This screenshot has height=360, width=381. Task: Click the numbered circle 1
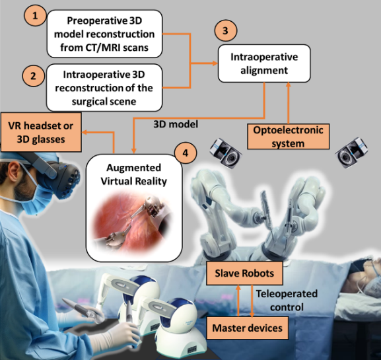click(x=35, y=16)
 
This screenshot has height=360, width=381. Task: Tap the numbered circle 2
click(x=33, y=75)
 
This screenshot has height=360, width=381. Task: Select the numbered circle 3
click(x=225, y=30)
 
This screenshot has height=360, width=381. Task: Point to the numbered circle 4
click(x=186, y=153)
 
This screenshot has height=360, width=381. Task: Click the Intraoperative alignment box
click(x=264, y=63)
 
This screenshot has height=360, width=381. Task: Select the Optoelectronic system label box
click(x=288, y=137)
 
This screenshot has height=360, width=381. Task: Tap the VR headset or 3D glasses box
click(x=40, y=132)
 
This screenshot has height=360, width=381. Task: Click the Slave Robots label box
click(x=244, y=273)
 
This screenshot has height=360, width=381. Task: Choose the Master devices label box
click(x=248, y=328)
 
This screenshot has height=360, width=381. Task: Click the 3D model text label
click(x=176, y=124)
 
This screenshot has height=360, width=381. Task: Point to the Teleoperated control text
click(x=287, y=301)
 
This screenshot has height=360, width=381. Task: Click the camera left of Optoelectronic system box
click(x=226, y=153)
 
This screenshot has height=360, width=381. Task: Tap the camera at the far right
click(x=351, y=153)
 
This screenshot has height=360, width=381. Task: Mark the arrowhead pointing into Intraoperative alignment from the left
click(x=215, y=63)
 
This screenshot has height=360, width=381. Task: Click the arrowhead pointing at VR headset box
click(x=85, y=132)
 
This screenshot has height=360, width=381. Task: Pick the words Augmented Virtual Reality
click(x=134, y=174)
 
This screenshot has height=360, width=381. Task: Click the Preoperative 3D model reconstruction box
click(x=104, y=34)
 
